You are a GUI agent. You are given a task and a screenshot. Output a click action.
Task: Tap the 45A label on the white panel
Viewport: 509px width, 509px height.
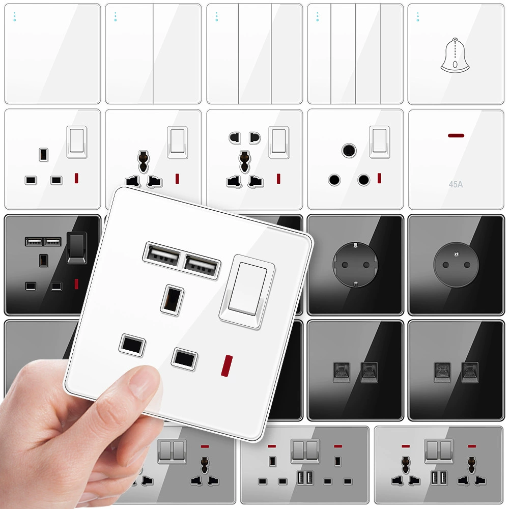click(x=456, y=184)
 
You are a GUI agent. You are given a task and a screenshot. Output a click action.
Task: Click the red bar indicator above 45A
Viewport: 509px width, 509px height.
click(x=456, y=135)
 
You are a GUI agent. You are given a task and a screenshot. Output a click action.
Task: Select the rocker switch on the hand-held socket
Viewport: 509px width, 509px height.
click(x=247, y=291)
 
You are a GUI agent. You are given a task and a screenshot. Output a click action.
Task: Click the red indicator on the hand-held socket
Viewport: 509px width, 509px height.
click(x=227, y=366)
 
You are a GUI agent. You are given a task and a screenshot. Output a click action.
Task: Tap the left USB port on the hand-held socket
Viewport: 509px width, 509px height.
click(x=162, y=256)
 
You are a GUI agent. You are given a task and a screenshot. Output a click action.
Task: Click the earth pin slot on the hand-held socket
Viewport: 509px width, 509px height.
click(x=172, y=300)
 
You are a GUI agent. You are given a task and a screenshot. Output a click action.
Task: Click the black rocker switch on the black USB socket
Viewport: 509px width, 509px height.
click(x=77, y=247)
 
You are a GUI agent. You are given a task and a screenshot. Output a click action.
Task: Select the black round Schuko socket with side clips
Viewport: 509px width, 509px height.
click(x=355, y=265)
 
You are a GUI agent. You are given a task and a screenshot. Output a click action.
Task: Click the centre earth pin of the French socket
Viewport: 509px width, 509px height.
click(x=457, y=254)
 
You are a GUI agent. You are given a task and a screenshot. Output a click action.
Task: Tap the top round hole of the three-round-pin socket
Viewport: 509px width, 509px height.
click(x=349, y=150)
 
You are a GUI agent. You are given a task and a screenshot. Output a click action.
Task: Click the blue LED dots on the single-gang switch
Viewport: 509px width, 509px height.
click(x=15, y=17)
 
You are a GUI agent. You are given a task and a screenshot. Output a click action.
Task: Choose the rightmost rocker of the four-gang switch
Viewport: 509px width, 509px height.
click(x=391, y=54)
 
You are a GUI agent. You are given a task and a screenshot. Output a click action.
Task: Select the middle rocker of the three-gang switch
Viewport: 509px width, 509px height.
click(x=255, y=54)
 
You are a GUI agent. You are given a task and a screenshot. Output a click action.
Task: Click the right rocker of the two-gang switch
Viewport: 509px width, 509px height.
click(x=177, y=54)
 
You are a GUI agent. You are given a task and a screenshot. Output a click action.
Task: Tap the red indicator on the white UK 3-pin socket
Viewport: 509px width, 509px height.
click(x=77, y=178)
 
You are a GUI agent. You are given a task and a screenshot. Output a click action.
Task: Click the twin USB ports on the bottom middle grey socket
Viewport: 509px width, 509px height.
click(x=305, y=478)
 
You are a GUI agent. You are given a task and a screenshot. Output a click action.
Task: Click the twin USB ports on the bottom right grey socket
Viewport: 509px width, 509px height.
click(x=439, y=478)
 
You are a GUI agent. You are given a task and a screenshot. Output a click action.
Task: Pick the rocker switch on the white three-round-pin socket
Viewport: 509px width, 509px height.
click(x=380, y=142)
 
